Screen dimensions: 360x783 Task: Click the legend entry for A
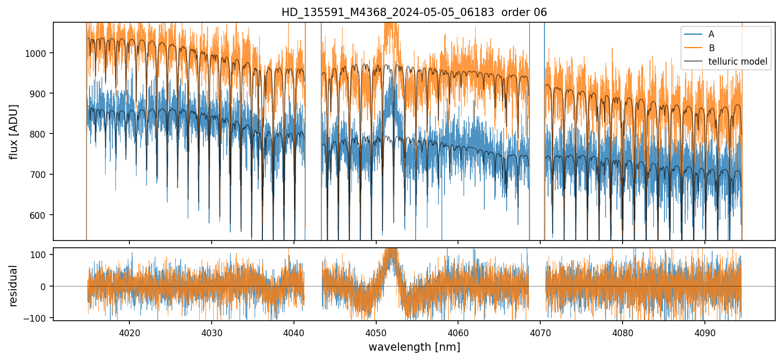coord(711,34)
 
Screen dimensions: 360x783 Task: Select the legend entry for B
coord(712,48)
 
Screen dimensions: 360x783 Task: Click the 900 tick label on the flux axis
coord(41,94)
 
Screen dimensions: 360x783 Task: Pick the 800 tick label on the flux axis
coord(41,134)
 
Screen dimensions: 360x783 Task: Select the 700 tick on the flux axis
coord(41,174)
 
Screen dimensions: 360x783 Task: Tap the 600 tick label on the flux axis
coord(41,215)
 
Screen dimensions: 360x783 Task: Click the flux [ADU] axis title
coord(14,131)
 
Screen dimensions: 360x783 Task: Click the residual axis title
coord(14,286)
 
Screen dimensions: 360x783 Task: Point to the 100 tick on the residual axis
coord(41,254)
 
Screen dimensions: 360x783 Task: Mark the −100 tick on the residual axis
coord(39,317)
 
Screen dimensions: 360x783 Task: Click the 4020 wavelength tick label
coord(129,331)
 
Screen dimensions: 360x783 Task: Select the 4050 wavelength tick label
coord(376,331)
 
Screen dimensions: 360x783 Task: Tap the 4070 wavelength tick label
coord(540,331)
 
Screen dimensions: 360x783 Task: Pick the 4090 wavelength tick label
coord(705,331)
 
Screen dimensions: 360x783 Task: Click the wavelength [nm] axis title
coord(414,347)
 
